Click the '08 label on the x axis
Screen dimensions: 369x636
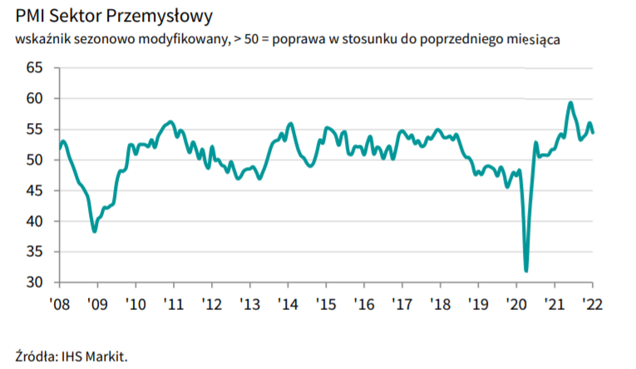59,303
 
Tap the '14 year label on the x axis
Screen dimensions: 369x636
288,303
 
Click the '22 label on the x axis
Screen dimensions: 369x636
591,303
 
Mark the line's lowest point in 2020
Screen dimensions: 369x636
526,270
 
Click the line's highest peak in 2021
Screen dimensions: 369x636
570,103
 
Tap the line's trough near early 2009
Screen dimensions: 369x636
95,231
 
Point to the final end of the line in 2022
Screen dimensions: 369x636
593,132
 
